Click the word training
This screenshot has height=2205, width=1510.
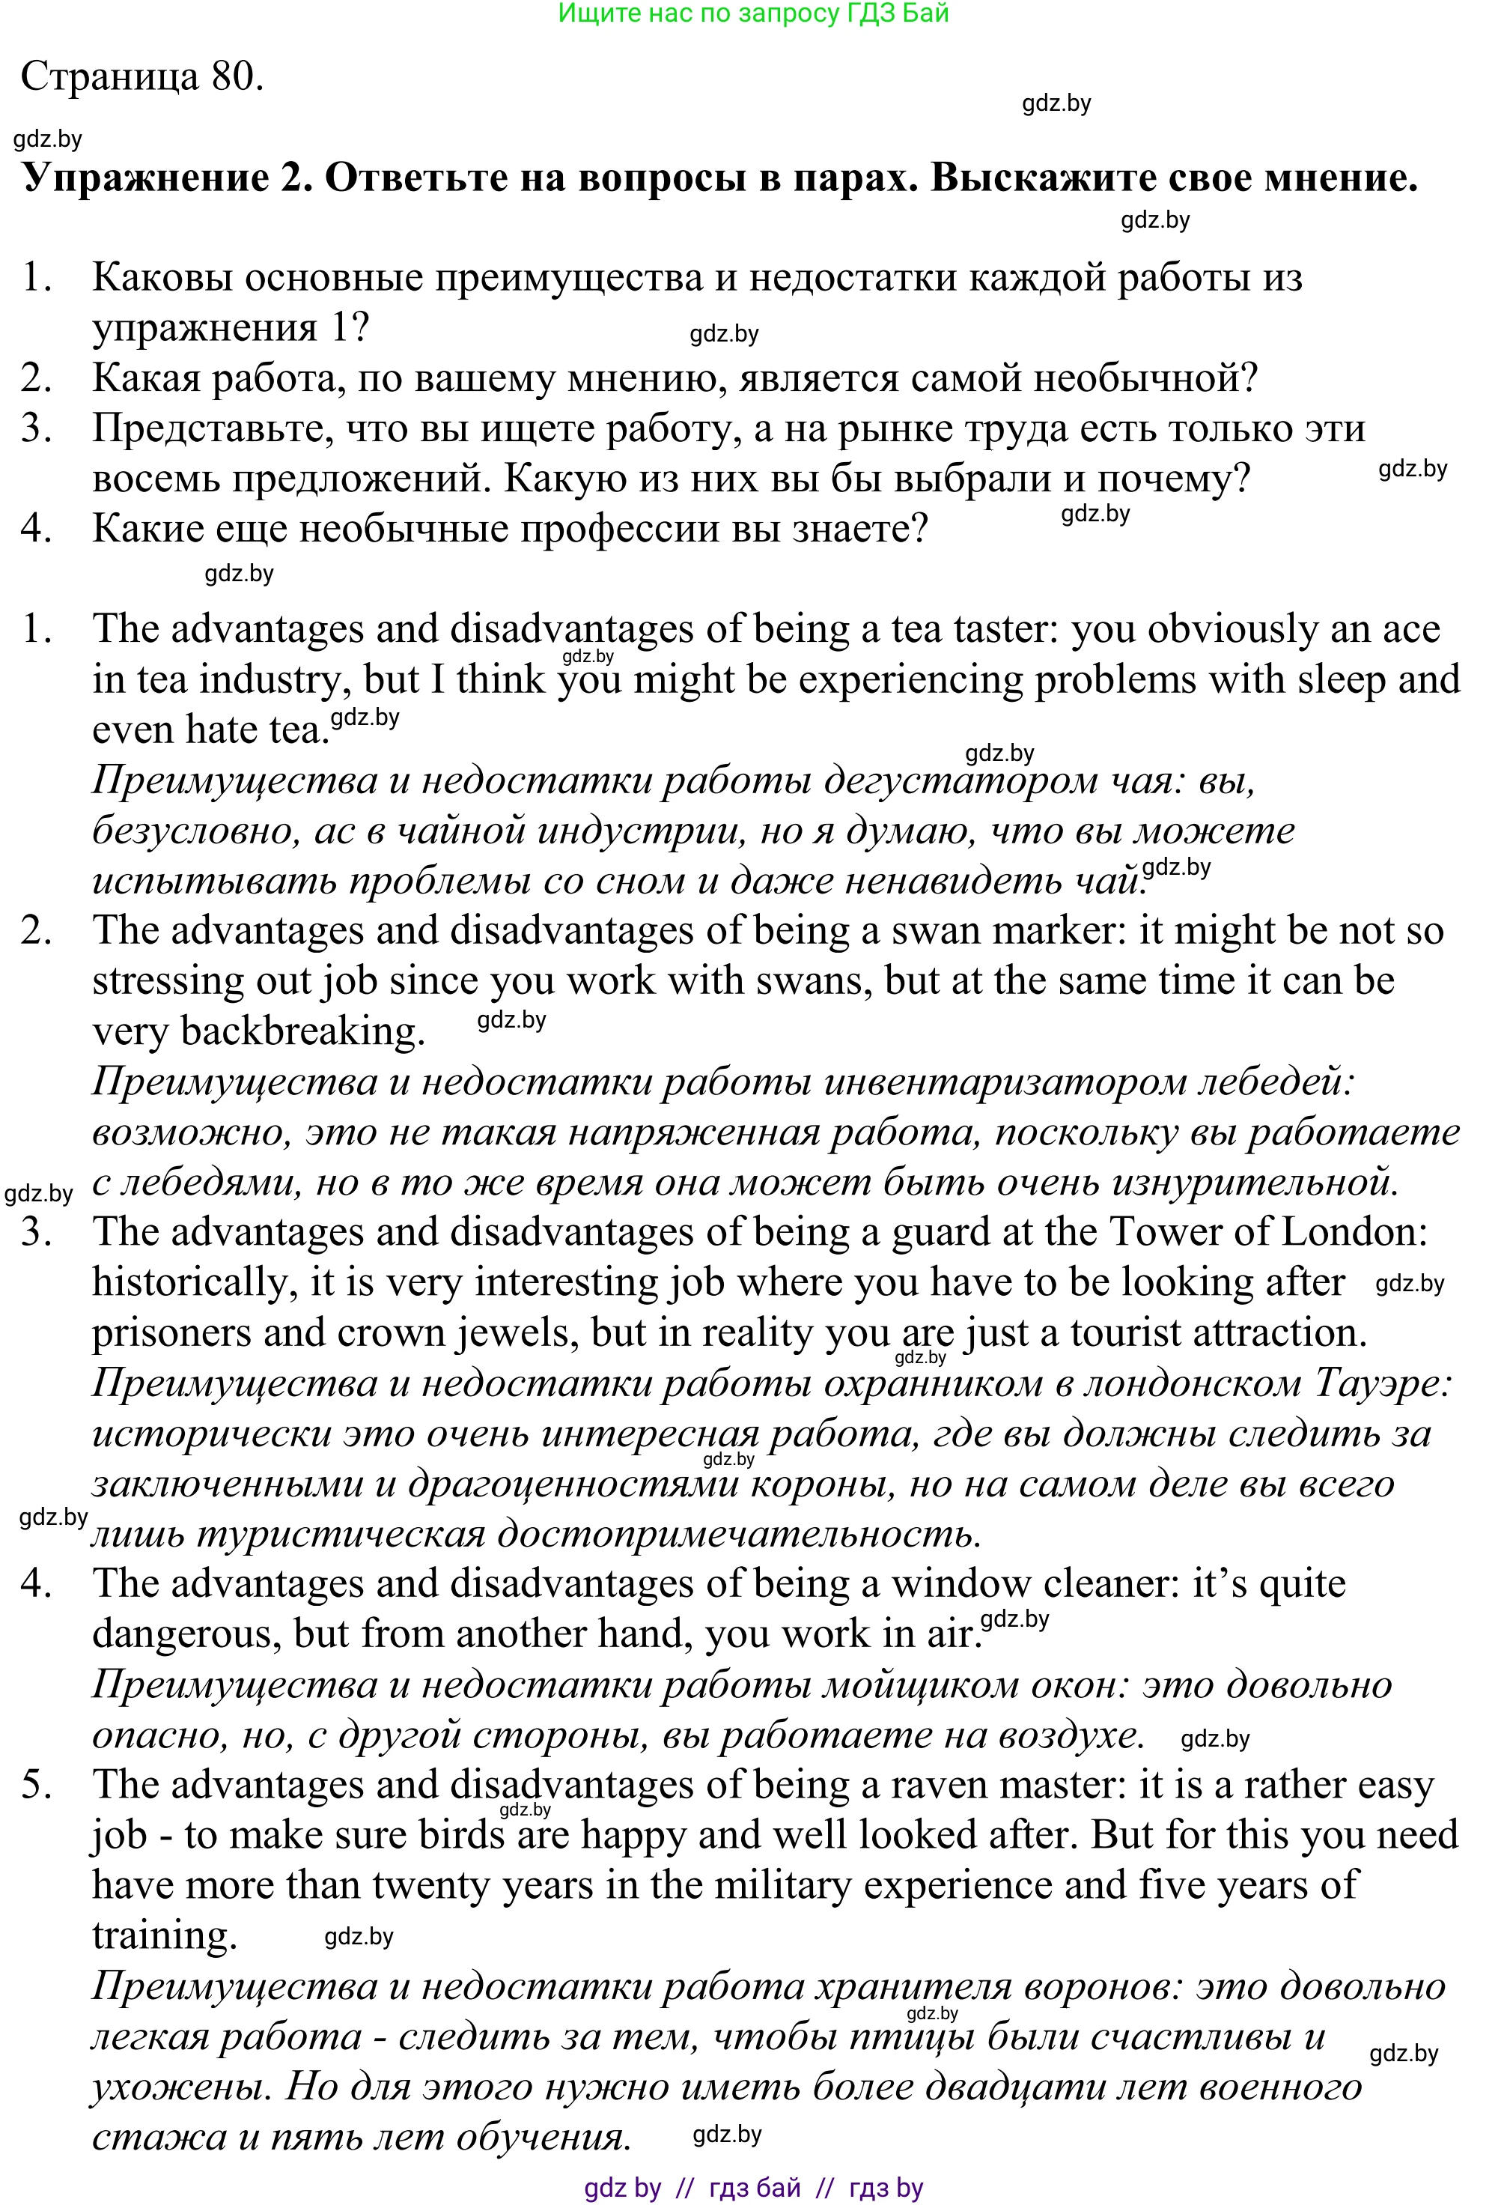[x=163, y=1935]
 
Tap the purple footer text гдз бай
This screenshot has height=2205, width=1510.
[x=754, y=2188]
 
